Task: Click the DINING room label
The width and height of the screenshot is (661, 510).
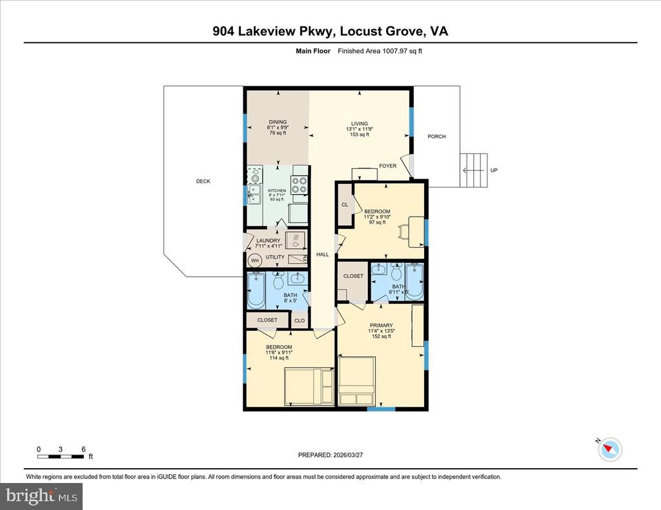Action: click(278, 122)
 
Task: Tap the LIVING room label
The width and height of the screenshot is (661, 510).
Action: click(359, 124)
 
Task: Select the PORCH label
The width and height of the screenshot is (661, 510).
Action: click(436, 137)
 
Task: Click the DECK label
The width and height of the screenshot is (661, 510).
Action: click(203, 181)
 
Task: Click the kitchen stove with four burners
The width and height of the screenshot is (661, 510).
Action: click(299, 186)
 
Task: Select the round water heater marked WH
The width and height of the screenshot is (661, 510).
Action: click(255, 260)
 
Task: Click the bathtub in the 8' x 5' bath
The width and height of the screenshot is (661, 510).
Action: click(256, 291)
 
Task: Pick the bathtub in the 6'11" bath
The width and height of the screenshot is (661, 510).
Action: click(414, 282)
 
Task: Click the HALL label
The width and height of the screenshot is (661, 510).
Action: click(322, 255)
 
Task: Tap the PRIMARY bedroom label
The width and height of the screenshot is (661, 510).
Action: click(381, 326)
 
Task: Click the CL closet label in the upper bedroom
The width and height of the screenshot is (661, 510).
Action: click(345, 205)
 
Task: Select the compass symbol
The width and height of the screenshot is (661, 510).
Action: click(610, 449)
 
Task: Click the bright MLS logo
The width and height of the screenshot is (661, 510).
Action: click(41, 496)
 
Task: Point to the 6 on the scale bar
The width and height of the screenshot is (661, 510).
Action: click(83, 449)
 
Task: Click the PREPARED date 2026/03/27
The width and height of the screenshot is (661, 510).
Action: click(330, 455)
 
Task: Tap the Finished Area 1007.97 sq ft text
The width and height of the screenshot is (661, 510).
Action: click(383, 51)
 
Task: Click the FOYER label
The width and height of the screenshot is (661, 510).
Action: click(387, 166)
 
